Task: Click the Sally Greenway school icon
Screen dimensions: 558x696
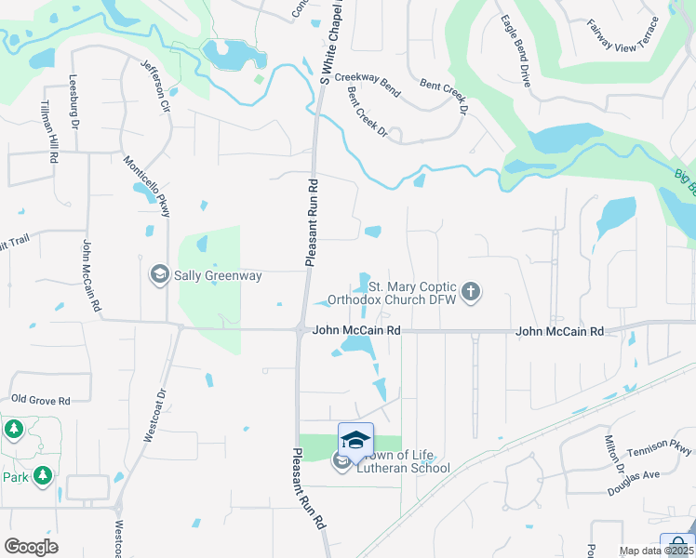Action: [x=159, y=275]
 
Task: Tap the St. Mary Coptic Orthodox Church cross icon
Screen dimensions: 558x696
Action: [x=471, y=293]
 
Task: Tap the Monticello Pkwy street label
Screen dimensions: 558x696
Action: [x=148, y=186]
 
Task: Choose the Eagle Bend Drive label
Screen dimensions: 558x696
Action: [x=515, y=51]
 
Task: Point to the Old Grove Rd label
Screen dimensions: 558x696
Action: [x=41, y=400]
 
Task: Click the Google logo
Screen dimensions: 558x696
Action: [x=31, y=546]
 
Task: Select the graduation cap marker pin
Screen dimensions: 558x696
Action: [x=355, y=439]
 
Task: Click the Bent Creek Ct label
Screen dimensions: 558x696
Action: [x=367, y=115]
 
